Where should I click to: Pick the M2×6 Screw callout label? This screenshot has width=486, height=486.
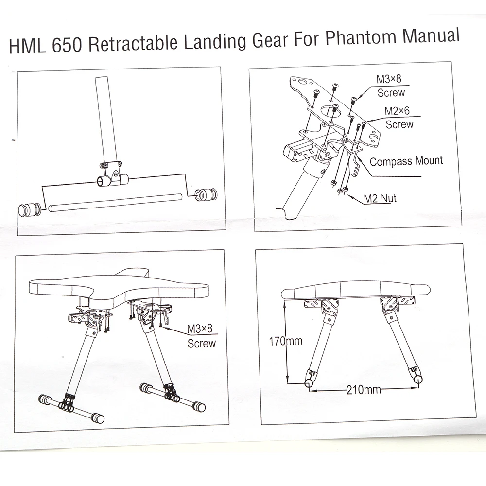point(398,118)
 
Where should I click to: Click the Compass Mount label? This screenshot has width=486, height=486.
point(406,161)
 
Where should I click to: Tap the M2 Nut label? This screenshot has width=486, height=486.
point(381,198)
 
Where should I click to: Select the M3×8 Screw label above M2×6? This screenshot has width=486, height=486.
point(391,85)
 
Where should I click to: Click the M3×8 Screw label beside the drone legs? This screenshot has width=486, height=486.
point(201,336)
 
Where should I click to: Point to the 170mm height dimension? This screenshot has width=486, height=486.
point(286,341)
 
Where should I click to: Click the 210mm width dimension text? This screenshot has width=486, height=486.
point(363,389)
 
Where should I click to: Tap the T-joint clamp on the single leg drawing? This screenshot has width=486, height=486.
point(111,175)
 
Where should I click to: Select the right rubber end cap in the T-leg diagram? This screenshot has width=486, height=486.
point(206,195)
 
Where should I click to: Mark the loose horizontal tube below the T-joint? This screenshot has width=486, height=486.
point(117,202)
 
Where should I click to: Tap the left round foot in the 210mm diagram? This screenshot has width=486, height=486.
point(308,383)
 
